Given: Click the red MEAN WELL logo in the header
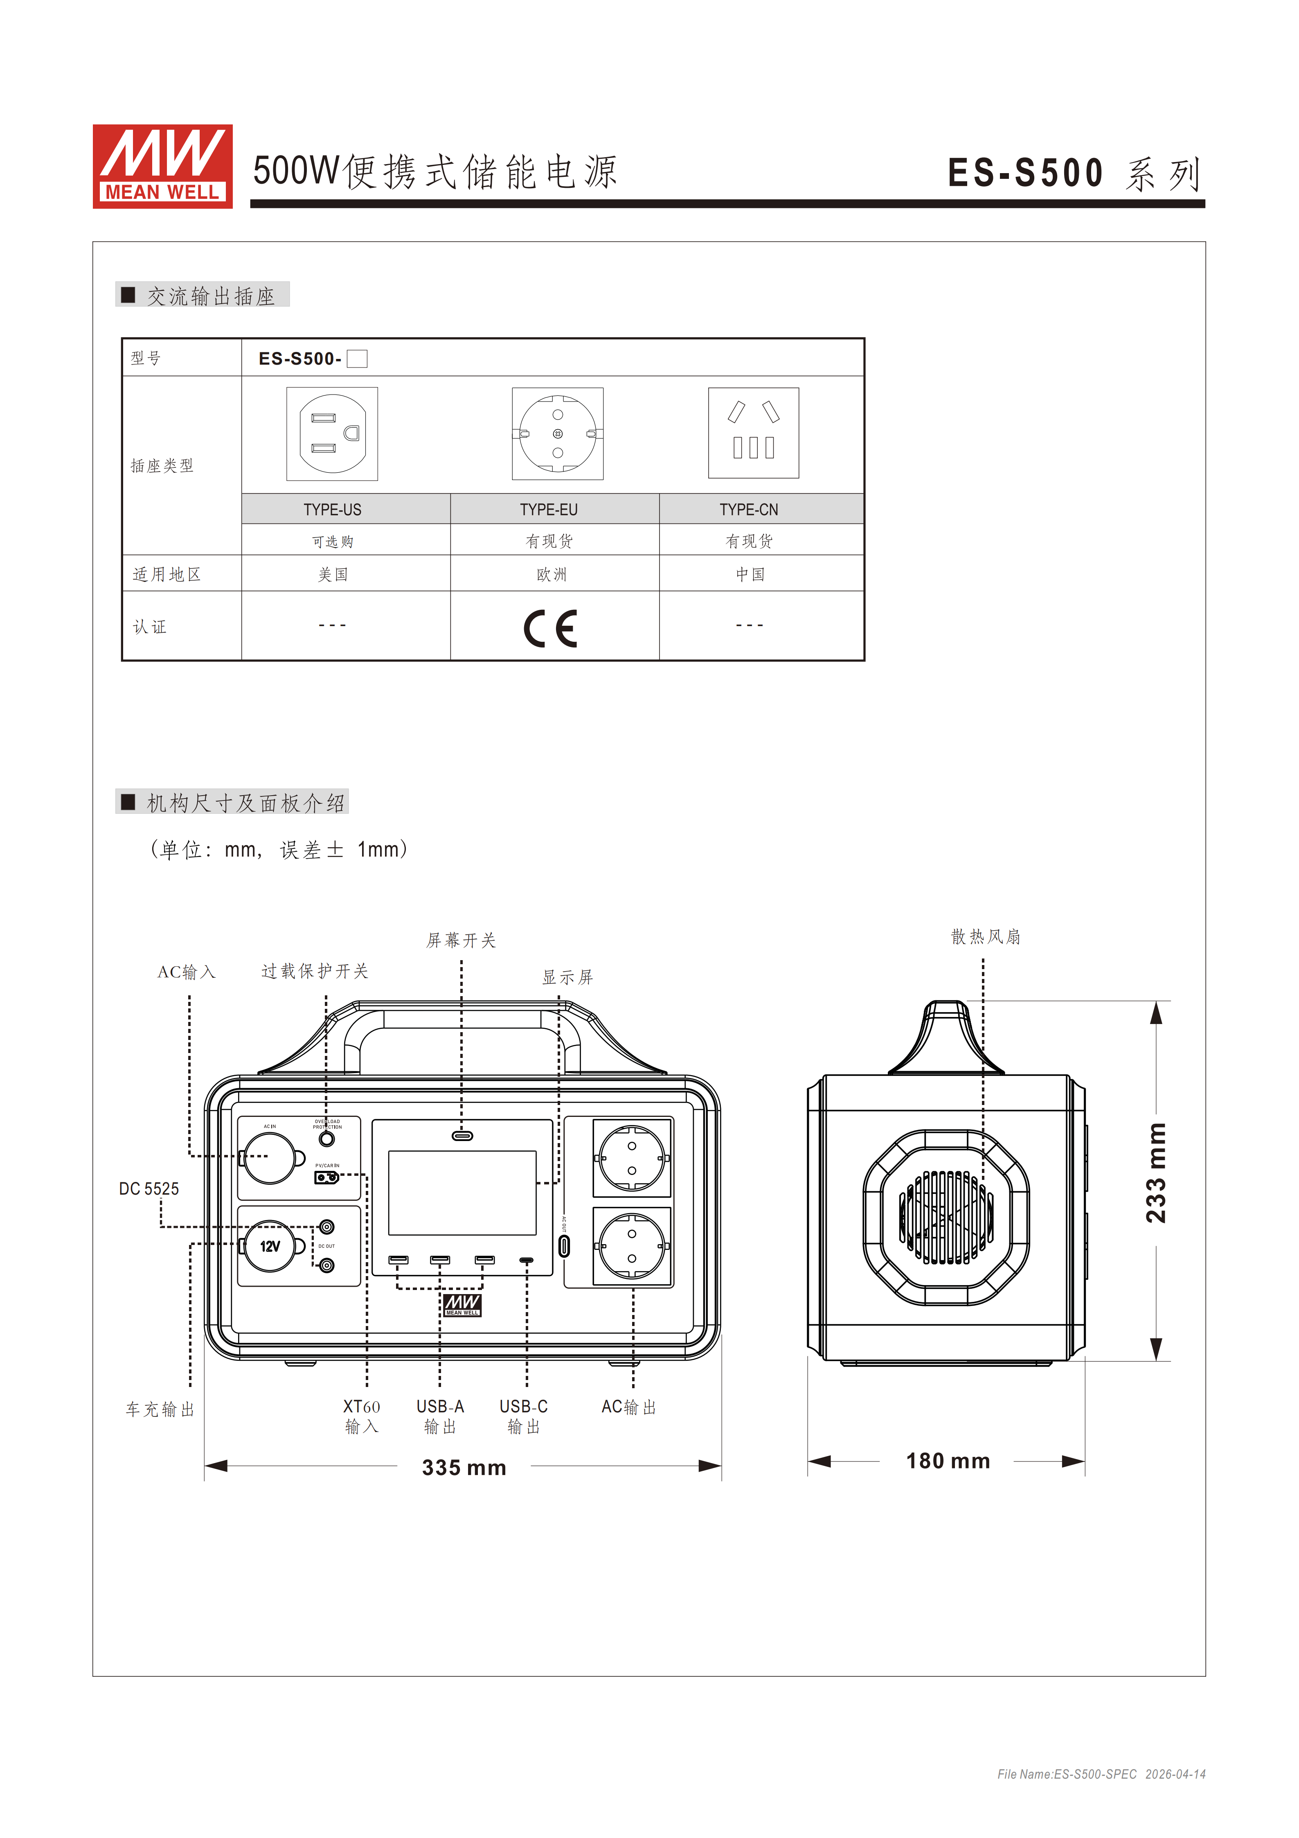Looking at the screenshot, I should (x=162, y=167).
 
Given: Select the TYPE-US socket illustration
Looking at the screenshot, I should (x=332, y=434).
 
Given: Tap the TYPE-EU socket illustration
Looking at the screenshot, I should (x=558, y=434).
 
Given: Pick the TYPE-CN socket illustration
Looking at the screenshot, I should (x=753, y=433).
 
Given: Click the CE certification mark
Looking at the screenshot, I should (x=551, y=628).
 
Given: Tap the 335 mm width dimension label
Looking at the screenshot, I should (x=464, y=1467).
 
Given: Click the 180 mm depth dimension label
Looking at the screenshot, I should (x=948, y=1461).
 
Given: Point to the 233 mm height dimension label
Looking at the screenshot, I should (x=1156, y=1174).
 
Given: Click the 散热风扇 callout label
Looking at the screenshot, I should (x=985, y=937).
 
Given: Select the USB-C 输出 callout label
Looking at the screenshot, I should (x=523, y=1416).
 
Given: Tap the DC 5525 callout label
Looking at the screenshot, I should (x=149, y=1189).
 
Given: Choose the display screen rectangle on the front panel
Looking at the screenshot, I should (x=462, y=1193).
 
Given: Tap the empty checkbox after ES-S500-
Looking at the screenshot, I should (x=357, y=359).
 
